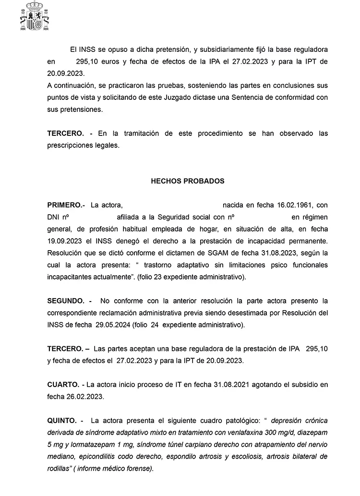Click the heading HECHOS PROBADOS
click(187, 181)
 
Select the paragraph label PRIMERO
click(66, 205)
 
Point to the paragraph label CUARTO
click(63, 385)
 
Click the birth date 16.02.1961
click(295, 205)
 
